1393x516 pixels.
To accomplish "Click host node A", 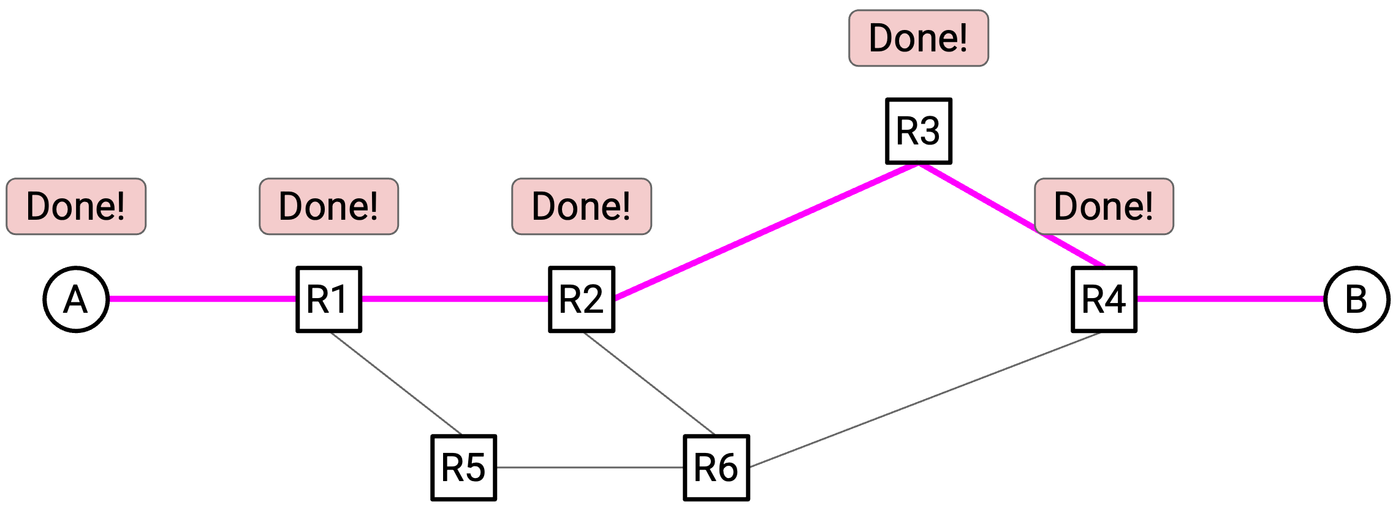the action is click(x=76, y=299).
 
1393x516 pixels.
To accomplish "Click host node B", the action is click(x=1357, y=299).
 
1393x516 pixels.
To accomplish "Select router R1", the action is click(x=329, y=299).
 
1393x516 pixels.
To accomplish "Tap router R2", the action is click(x=582, y=299).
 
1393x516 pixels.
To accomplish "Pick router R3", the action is click(x=919, y=131).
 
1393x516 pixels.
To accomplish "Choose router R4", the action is click(x=1104, y=299).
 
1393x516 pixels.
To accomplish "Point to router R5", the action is click(x=464, y=468).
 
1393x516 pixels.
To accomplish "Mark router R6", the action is click(x=716, y=468).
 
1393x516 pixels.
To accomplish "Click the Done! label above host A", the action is click(x=76, y=206).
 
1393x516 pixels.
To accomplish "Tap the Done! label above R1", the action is click(x=329, y=206).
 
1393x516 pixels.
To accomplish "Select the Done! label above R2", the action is click(x=582, y=206).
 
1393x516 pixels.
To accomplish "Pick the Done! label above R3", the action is click(x=919, y=38).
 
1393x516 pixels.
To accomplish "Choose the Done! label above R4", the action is click(x=1104, y=206).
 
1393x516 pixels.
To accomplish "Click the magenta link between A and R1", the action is click(x=203, y=299).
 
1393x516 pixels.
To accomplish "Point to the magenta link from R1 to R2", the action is click(x=455, y=299).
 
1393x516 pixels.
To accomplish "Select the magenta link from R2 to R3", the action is click(x=766, y=231).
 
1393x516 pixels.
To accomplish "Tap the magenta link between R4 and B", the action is click(x=1231, y=299).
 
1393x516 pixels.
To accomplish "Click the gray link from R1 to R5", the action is click(x=396, y=384).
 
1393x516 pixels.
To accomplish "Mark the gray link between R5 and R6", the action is click(x=590, y=468).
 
